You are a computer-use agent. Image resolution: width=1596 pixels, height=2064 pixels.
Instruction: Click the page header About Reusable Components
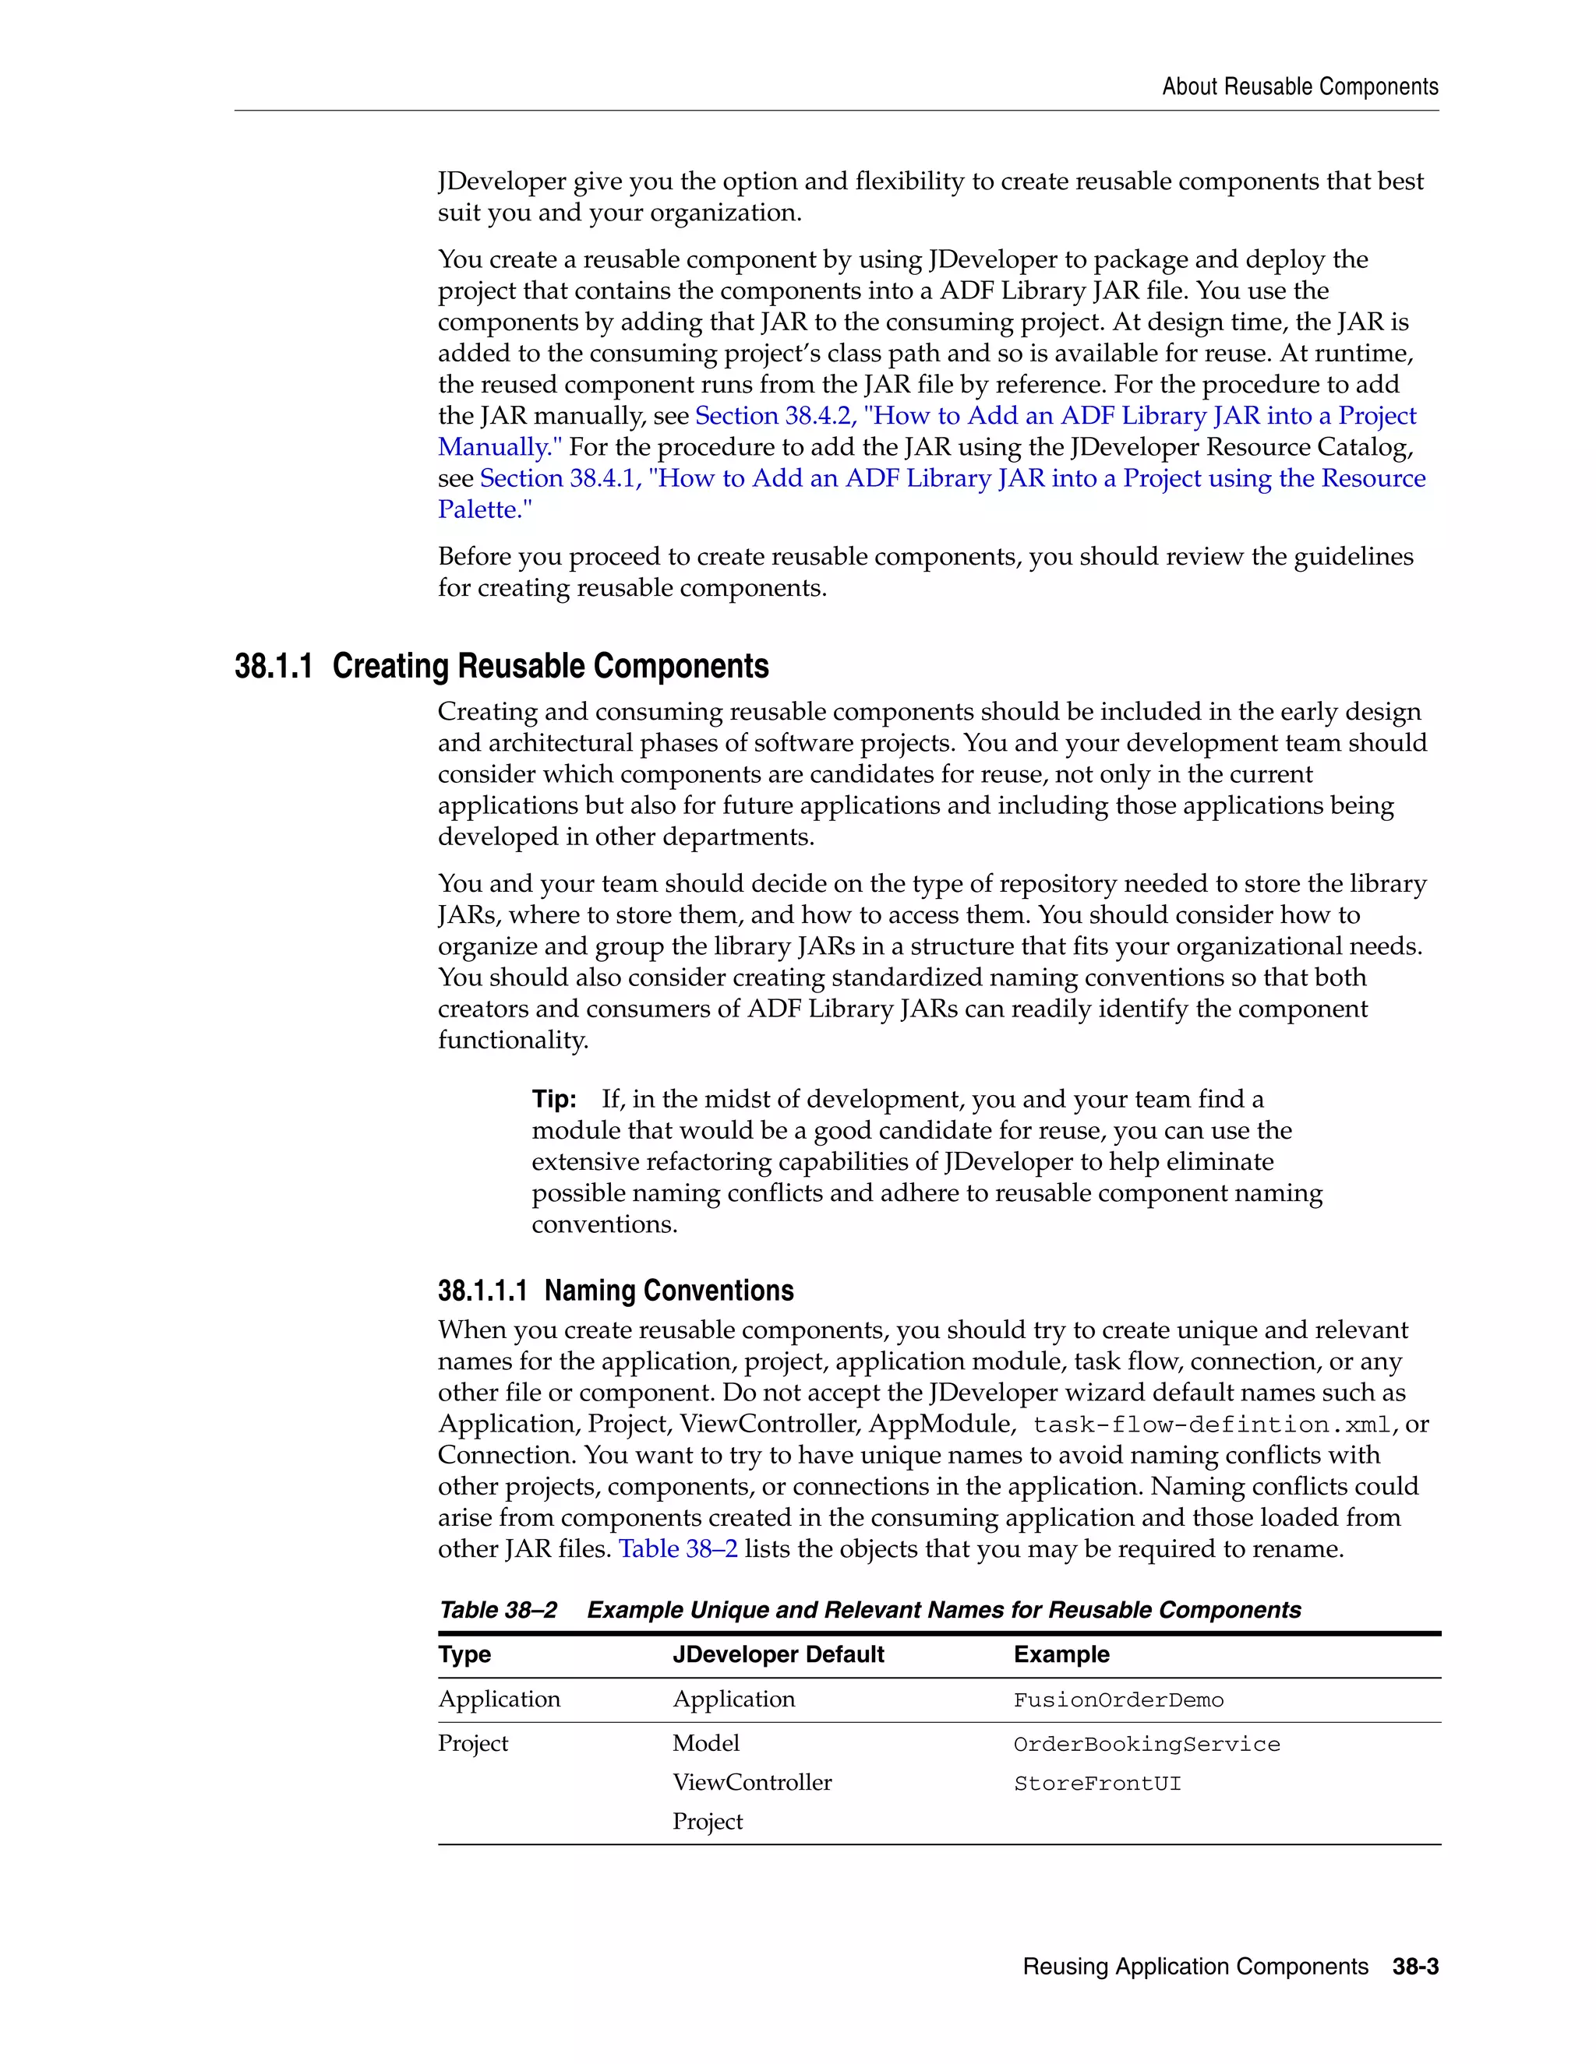[x=1299, y=87]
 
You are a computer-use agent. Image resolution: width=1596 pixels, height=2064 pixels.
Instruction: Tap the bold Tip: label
[x=554, y=1099]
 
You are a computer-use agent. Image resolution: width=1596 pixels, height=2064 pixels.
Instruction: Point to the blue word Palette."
[x=485, y=509]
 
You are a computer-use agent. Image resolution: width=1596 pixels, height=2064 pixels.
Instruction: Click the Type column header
[x=464, y=1655]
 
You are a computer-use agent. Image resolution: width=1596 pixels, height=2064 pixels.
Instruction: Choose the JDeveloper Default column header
[x=779, y=1655]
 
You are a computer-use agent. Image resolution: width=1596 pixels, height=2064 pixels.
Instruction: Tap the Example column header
[x=1061, y=1655]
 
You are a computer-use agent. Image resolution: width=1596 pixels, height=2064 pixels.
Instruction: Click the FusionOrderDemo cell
[x=1118, y=1700]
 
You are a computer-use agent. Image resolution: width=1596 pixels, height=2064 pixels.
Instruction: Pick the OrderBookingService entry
[x=1146, y=1745]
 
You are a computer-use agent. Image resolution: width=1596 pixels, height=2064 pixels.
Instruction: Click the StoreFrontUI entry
[x=1096, y=1784]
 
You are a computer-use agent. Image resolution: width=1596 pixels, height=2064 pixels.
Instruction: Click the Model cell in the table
[x=705, y=1744]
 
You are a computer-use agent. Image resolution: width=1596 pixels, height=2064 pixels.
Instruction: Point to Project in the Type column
[x=473, y=1744]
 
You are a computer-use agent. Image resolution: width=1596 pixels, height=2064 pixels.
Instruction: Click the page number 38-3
[x=1415, y=1967]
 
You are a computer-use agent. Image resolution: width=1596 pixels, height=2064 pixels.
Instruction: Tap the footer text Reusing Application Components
[x=1195, y=1967]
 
